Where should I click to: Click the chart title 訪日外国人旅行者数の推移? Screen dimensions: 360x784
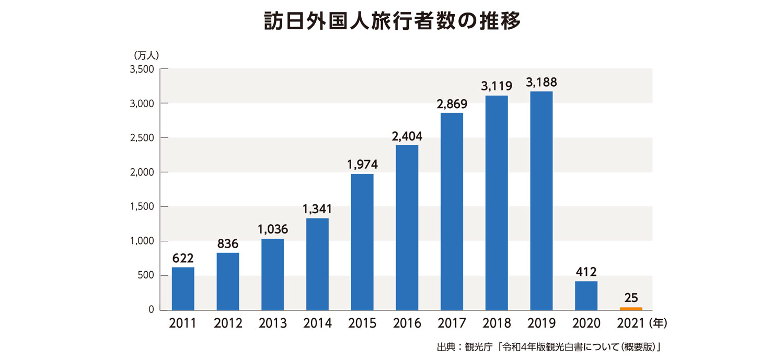click(x=391, y=22)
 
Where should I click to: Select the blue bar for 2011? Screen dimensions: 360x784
click(x=183, y=288)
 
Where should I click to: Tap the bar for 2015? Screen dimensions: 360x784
click(x=362, y=241)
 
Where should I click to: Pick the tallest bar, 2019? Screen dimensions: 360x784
click(x=541, y=201)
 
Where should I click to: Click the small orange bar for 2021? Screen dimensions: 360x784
click(x=631, y=308)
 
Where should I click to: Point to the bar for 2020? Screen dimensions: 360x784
click(x=586, y=295)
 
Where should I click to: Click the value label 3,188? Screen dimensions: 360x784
click(x=541, y=82)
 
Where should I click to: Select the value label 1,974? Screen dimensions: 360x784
click(x=362, y=165)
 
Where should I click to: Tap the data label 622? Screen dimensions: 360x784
click(x=183, y=258)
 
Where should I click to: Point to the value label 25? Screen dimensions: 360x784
click(x=631, y=298)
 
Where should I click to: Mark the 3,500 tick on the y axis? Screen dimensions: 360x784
click(x=142, y=69)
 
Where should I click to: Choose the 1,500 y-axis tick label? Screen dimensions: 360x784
click(x=142, y=207)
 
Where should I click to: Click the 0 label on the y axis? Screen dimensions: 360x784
click(x=151, y=310)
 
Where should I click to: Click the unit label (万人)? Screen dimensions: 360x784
click(x=147, y=55)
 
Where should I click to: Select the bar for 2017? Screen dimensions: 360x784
click(x=452, y=211)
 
